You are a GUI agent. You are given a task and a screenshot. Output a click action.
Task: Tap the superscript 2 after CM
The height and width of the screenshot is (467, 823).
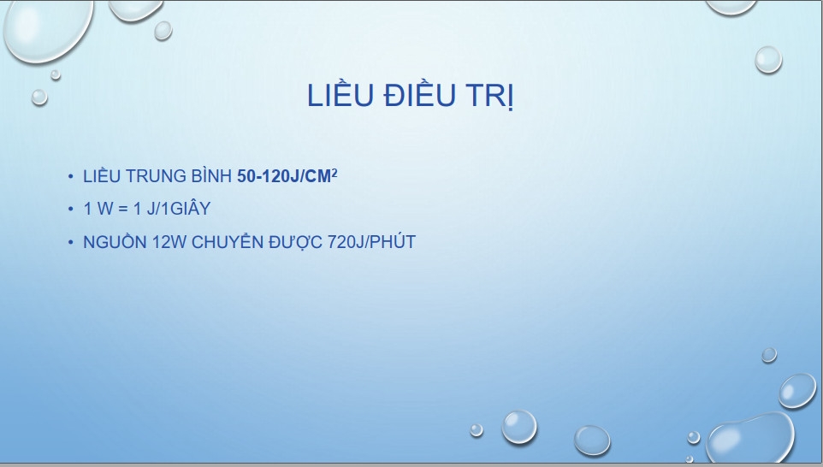335,172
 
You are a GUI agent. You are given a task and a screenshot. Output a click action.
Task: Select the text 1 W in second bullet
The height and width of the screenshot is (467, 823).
98,209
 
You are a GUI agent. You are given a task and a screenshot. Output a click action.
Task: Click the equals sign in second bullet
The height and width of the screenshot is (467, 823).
123,210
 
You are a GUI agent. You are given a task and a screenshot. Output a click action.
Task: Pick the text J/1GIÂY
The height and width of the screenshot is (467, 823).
179,208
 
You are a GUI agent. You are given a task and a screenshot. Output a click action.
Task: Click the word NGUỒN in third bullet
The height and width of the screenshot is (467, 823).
115,241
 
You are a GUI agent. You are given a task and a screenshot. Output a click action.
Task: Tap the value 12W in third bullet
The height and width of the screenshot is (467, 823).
169,242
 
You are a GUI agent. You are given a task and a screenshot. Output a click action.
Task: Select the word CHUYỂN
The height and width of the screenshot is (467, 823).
228,241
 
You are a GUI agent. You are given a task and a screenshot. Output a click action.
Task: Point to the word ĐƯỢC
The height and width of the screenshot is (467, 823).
295,242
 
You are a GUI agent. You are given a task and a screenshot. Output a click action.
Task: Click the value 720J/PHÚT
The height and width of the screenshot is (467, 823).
371,241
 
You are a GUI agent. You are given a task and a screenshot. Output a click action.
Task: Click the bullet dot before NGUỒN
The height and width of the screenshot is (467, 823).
71,242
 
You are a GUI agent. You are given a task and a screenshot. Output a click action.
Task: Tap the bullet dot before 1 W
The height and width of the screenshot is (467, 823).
71,210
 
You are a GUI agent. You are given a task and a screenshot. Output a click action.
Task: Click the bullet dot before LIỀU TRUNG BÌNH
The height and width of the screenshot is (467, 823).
71,177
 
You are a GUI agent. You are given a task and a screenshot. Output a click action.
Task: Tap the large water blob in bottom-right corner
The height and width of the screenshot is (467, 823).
749,439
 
